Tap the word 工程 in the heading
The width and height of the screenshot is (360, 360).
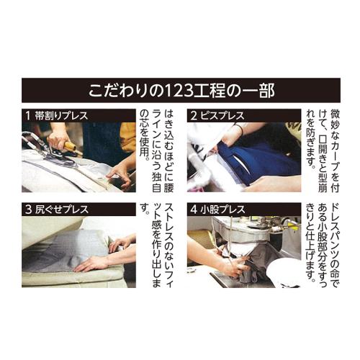(x=208, y=91)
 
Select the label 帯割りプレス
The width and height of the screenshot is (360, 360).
(x=61, y=116)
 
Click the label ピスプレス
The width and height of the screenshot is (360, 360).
(x=222, y=116)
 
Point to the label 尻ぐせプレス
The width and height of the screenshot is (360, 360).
(x=62, y=210)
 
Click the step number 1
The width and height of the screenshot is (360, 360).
(x=28, y=116)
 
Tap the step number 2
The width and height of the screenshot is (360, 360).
(x=194, y=116)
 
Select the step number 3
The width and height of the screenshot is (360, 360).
(x=29, y=210)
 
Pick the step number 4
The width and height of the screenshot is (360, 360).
(x=194, y=210)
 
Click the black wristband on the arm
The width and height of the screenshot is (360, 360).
(x=240, y=130)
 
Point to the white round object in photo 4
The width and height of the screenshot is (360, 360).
(x=284, y=273)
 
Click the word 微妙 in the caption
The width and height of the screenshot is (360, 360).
(x=335, y=120)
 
